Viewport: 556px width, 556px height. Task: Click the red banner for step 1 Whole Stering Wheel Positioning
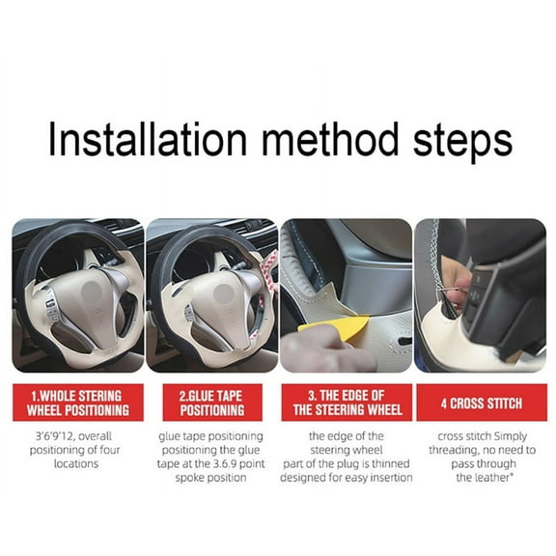(77, 403)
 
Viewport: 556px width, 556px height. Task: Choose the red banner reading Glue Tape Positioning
(210, 403)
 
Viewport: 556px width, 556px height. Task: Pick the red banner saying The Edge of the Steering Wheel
(346, 403)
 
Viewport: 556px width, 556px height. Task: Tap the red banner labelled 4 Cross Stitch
(480, 403)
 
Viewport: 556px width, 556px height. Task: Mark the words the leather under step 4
(480, 477)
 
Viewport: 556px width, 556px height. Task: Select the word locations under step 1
(77, 463)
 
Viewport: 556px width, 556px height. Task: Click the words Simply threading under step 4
(491, 443)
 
